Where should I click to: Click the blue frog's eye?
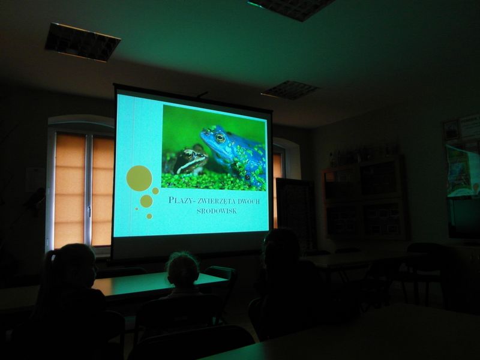[x=220, y=138]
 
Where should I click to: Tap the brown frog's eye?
[x=190, y=155]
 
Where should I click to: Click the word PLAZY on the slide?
[x=179, y=200]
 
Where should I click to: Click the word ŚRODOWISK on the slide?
[x=217, y=211]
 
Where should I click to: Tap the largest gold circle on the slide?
[x=139, y=178]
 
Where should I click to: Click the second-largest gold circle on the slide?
[x=146, y=201]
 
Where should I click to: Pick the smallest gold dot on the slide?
[x=137, y=209]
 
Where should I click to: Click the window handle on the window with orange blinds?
[x=89, y=211]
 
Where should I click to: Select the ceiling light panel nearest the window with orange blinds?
[x=82, y=42]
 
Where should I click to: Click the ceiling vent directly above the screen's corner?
[x=290, y=89]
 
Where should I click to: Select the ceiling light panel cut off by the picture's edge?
[x=292, y=9]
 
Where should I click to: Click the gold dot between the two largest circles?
[x=155, y=191]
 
